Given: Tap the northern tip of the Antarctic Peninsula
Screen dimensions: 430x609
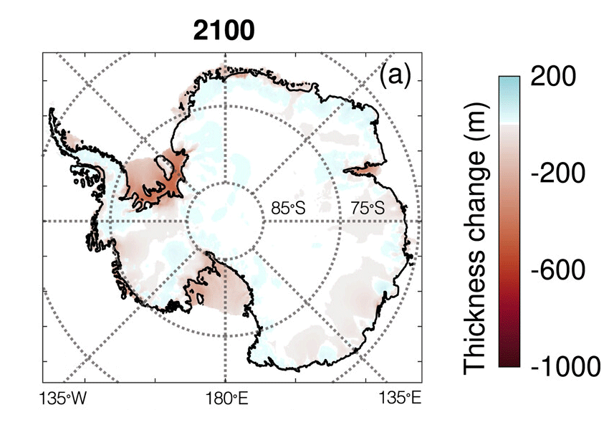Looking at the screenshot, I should tap(52, 111).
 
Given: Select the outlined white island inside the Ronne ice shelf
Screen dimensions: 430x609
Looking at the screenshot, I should tap(164, 167).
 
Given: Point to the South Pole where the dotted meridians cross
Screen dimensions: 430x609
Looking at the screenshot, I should tap(225, 221).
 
